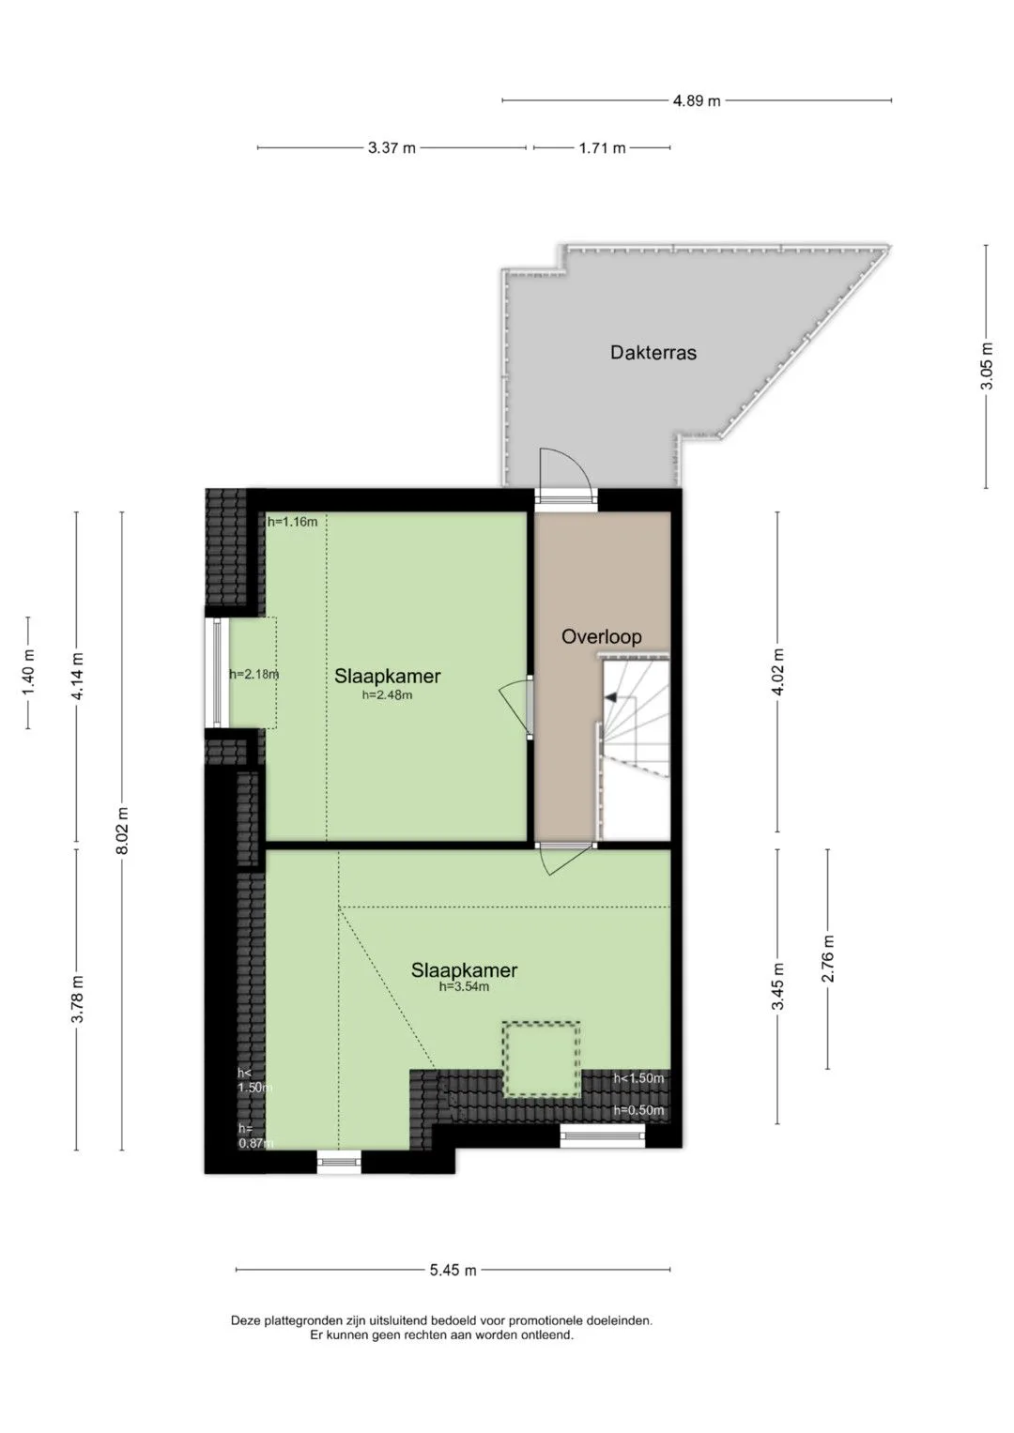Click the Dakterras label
coord(653,353)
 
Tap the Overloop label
coord(601,636)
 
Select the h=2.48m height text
coord(387,694)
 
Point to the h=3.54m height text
coord(464,986)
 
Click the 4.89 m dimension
coord(697,100)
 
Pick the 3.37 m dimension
coord(392,148)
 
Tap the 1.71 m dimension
coord(603,148)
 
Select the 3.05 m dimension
coord(987,366)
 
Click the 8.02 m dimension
coord(122,830)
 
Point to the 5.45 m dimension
coord(453,1270)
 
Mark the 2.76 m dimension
coord(828,958)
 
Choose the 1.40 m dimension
coord(28,672)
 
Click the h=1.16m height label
coord(293,522)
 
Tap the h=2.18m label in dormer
coord(254,674)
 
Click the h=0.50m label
coord(638,1110)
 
